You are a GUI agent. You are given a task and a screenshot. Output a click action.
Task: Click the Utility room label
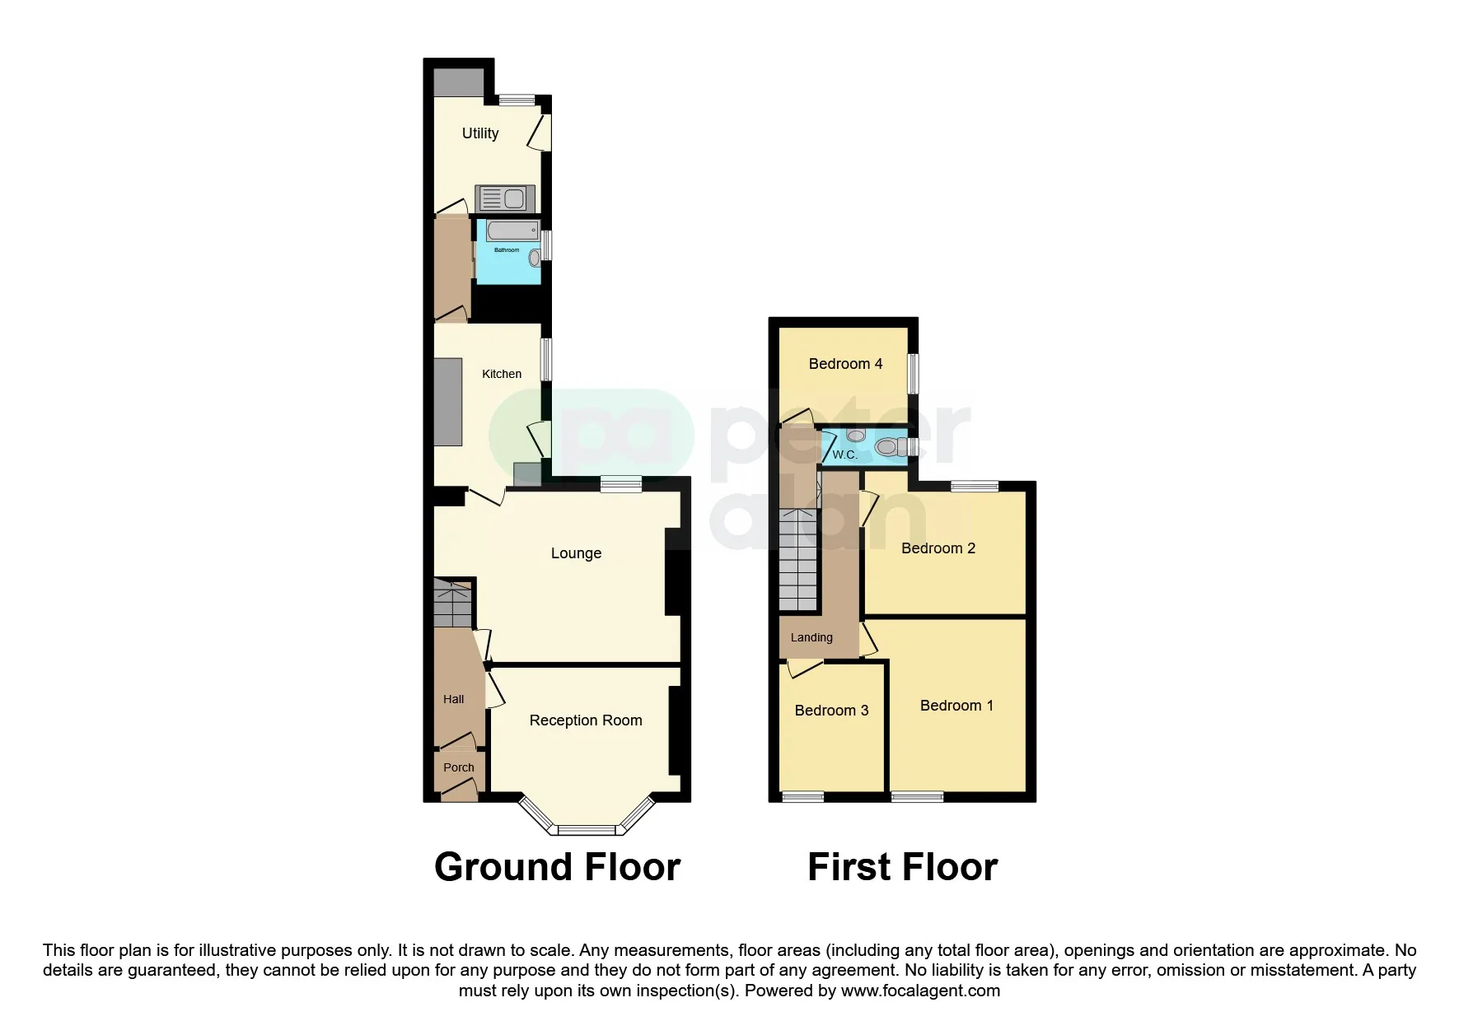480,133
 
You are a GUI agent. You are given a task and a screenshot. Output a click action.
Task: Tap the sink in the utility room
505,198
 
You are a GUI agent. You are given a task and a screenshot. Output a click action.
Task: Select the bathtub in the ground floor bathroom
513,230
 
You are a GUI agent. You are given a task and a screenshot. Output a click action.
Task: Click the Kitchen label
502,374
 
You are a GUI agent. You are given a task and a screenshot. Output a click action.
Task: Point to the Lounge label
576,553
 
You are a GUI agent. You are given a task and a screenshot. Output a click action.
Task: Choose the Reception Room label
586,720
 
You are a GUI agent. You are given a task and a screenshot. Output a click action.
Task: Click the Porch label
459,767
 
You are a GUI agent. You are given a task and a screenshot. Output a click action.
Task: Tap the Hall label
454,699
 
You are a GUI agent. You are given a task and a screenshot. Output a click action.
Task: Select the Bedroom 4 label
845,364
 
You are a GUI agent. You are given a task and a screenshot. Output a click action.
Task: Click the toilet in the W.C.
888,447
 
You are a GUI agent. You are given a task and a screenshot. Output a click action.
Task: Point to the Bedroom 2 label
938,548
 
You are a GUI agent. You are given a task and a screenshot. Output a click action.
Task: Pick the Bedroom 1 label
956,706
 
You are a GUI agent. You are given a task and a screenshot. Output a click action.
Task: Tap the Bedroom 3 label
831,711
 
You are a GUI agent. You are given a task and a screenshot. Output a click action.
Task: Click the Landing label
811,637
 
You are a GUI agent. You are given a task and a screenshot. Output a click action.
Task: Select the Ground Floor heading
558,867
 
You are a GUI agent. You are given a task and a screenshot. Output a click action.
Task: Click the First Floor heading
902,867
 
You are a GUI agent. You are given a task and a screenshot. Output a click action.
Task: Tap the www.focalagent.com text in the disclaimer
920,991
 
